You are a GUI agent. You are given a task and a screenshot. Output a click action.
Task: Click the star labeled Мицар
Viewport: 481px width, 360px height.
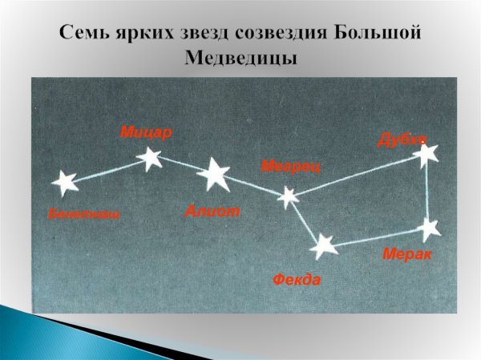[x=150, y=158]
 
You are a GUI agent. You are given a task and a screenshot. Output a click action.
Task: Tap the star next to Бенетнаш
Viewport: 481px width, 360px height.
[x=64, y=183]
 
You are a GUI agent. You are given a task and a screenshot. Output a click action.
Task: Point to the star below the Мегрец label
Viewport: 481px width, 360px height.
[x=287, y=196]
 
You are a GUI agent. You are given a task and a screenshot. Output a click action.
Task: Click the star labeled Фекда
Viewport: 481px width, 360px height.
[x=324, y=246]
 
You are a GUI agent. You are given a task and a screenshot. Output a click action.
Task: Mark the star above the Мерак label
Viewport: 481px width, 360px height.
[x=430, y=228]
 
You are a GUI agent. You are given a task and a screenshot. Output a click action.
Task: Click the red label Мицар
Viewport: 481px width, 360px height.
[x=146, y=132]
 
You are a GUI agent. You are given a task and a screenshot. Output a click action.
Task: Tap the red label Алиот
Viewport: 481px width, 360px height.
[x=212, y=211]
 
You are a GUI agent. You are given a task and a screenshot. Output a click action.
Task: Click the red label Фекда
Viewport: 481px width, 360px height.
[x=297, y=280]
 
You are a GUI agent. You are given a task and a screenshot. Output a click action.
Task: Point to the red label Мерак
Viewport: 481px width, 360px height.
[x=407, y=254]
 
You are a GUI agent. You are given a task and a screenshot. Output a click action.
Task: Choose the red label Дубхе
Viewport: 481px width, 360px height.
[x=401, y=139]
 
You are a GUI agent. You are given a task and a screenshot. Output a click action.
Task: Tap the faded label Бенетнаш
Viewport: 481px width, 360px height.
[x=83, y=215]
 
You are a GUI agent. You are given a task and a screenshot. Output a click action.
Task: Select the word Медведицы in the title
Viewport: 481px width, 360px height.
[x=240, y=59]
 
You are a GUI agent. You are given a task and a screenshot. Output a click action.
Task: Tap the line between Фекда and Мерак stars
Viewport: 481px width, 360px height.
[x=377, y=237]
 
